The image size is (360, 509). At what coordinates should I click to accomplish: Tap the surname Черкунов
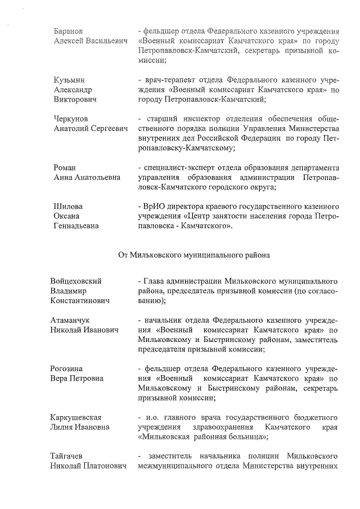(70, 119)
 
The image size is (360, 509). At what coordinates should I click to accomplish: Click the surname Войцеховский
(80, 281)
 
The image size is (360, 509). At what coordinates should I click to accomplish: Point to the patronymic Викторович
(75, 100)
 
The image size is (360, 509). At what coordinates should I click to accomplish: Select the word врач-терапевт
(170, 79)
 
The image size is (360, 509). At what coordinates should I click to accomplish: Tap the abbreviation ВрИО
(155, 206)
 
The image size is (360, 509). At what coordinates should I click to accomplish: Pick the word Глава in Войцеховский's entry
(153, 281)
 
